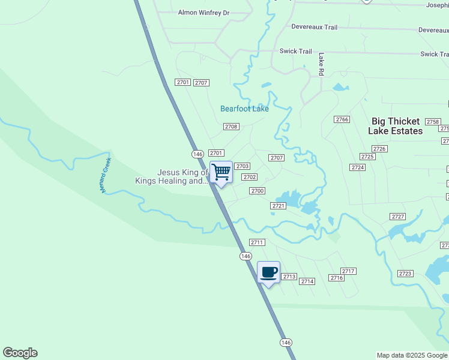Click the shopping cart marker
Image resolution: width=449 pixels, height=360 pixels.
221,172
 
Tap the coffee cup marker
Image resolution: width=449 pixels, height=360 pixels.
268,272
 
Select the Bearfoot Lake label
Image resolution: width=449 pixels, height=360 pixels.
244,109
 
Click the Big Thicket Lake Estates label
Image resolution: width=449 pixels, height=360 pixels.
397,126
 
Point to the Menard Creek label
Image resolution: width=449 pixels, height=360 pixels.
106,175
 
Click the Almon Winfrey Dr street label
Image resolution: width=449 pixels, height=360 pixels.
204,13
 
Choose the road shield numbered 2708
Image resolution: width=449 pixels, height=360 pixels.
231,127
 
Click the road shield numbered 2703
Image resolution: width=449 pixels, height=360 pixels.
242,166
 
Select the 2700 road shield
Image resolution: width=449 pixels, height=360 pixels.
257,191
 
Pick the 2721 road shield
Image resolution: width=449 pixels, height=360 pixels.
277,206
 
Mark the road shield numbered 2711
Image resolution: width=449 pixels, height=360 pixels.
257,242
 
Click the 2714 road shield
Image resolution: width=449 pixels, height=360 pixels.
307,281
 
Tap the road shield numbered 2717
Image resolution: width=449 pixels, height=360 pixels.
348,271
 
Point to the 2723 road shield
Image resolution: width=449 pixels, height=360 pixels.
405,274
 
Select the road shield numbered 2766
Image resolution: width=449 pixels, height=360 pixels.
342,119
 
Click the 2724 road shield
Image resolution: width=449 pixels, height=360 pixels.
358,167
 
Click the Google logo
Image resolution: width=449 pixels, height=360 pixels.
20,353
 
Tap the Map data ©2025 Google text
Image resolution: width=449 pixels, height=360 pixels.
412,355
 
